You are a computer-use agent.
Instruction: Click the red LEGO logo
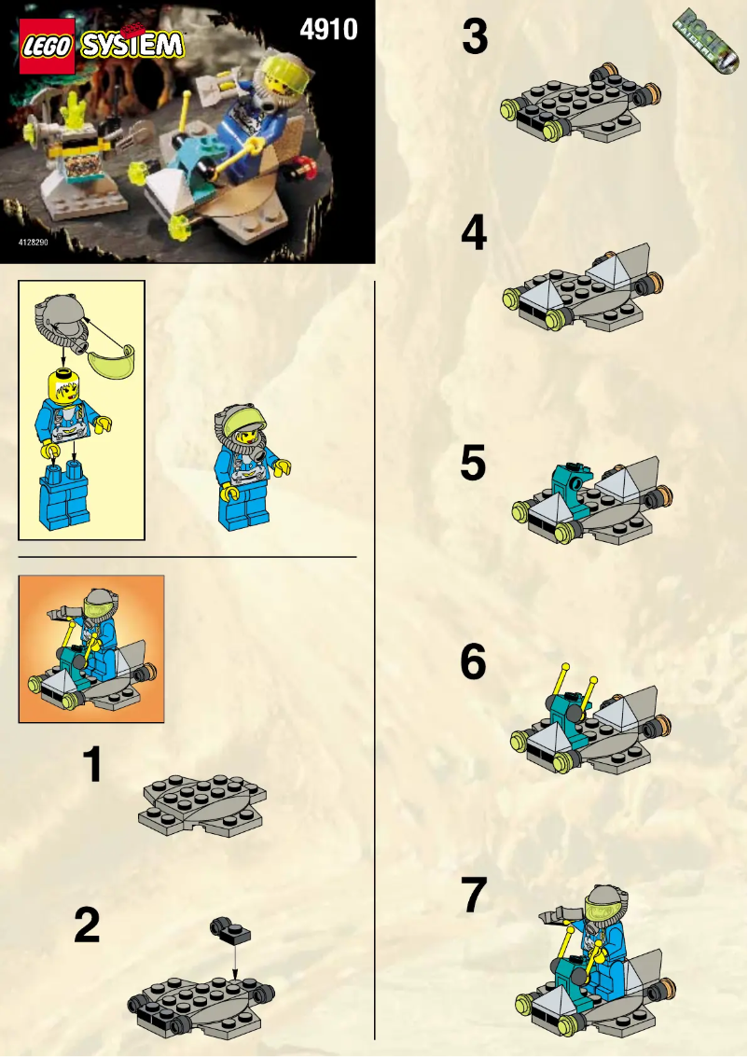[46, 47]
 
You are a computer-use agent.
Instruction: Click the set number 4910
[328, 29]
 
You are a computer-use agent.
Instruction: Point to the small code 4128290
[35, 243]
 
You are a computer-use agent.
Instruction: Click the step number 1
[92, 765]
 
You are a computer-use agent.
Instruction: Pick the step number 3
[475, 38]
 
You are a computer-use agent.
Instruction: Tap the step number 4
[474, 233]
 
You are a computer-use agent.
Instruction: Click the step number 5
[474, 464]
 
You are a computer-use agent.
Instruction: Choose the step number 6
[474, 662]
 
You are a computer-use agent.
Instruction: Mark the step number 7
[474, 897]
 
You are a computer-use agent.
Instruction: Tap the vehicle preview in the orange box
[91, 649]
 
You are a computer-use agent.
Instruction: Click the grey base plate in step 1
[201, 802]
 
